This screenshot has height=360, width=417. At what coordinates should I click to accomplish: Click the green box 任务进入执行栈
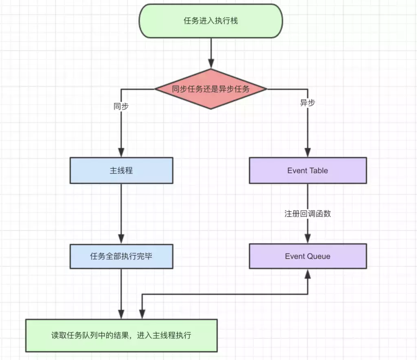211,21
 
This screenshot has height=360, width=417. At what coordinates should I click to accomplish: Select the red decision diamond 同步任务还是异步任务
211,89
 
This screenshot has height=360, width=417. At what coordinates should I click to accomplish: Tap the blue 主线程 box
121,171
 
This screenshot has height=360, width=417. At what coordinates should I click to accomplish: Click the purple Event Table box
307,171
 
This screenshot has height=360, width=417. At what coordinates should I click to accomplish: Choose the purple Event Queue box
307,256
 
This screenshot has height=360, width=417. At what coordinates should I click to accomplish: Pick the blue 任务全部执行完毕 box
121,257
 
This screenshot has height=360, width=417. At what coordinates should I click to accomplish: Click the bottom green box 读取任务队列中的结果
121,336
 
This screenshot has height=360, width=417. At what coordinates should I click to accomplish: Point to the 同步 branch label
121,107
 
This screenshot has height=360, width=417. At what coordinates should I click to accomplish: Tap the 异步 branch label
307,103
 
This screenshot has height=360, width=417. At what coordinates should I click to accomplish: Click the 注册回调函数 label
307,214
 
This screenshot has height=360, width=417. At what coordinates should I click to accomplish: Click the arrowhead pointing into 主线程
121,153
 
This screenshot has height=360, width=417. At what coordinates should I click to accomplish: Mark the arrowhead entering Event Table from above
307,153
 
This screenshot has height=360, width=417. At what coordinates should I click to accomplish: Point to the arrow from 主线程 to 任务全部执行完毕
121,212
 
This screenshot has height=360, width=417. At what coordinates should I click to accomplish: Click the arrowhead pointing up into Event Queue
307,274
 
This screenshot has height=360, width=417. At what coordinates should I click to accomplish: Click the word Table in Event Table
318,171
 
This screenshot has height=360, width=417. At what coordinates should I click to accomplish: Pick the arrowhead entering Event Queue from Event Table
307,239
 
